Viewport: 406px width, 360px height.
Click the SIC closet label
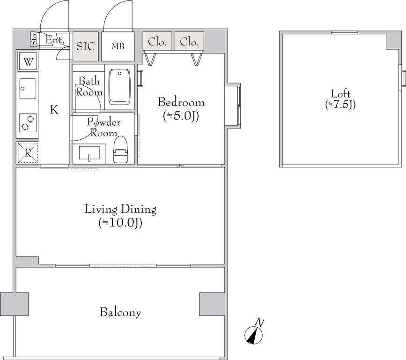pyautogui.click(x=85, y=46)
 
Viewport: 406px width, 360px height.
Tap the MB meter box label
pyautogui.click(x=118, y=46)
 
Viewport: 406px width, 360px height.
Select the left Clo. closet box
pyautogui.click(x=157, y=41)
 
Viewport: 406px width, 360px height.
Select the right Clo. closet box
pyautogui.click(x=189, y=41)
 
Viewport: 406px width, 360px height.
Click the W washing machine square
pyautogui.click(x=28, y=61)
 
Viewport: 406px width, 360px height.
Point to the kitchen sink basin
pyautogui.click(x=28, y=89)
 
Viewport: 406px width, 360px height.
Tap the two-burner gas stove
pyautogui.click(x=28, y=123)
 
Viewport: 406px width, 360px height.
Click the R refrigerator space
pyautogui.click(x=28, y=153)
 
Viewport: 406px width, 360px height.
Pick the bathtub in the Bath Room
pyautogui.click(x=119, y=87)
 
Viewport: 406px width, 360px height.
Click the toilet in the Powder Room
pyautogui.click(x=121, y=150)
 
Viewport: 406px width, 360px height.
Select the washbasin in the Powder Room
pyautogui.click(x=89, y=153)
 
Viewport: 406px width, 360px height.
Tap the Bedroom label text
pyautogui.click(x=181, y=102)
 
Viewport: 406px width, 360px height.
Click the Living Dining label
pyautogui.click(x=120, y=209)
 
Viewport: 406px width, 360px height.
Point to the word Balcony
pyautogui.click(x=120, y=312)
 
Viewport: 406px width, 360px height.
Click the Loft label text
pyautogui.click(x=340, y=94)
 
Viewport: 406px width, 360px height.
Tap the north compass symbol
pyautogui.click(x=253, y=335)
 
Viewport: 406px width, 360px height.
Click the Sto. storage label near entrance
pyautogui.click(x=34, y=39)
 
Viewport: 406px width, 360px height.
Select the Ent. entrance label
pyautogui.click(x=54, y=40)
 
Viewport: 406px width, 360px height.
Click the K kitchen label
pyautogui.click(x=54, y=110)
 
